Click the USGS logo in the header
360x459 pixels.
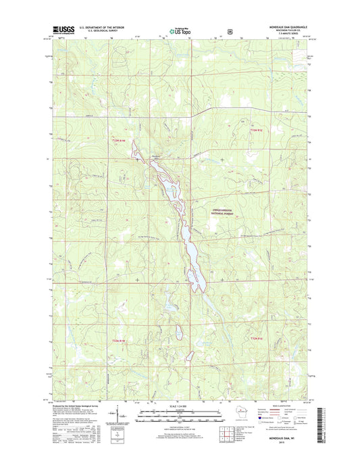[61, 30]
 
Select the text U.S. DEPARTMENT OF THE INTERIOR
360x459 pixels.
[103, 28]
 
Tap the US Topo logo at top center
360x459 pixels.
[180, 30]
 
